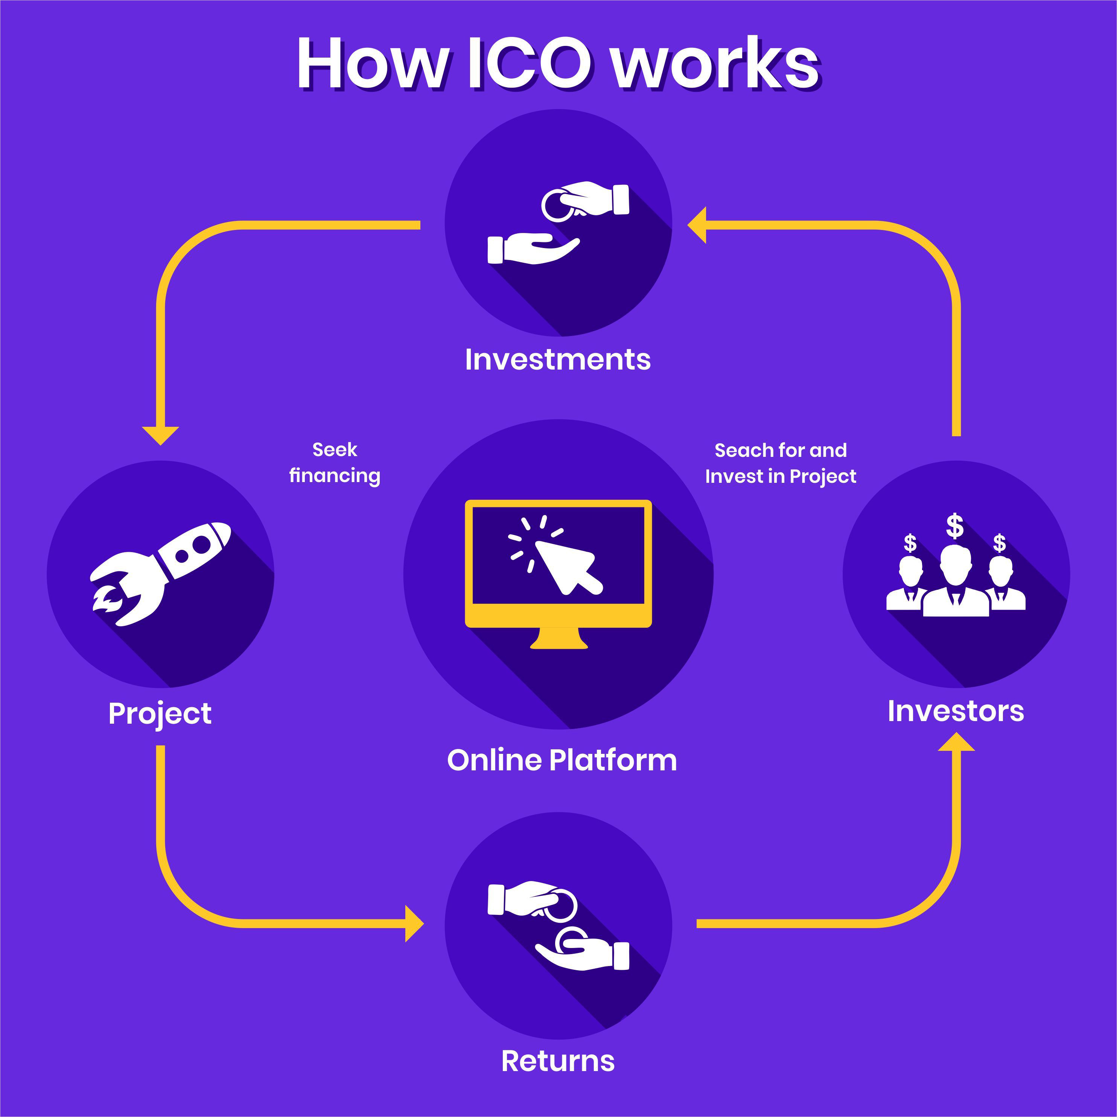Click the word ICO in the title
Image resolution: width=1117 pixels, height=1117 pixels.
(x=529, y=64)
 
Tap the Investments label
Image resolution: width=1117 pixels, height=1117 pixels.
(x=558, y=360)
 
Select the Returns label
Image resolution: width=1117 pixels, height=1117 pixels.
(x=558, y=1061)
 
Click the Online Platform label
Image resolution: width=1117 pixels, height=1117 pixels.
(x=562, y=760)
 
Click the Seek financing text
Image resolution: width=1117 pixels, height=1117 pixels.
(x=335, y=463)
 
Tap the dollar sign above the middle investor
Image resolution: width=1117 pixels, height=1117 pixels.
(x=954, y=526)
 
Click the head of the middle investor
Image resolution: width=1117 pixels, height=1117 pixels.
(x=955, y=564)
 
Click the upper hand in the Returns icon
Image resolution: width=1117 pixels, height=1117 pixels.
(x=523, y=898)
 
